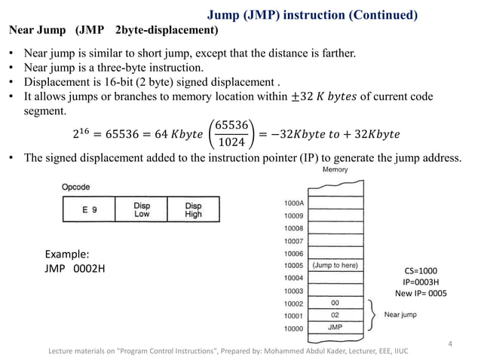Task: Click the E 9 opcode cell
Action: coord(89,209)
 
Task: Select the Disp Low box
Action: coord(141,209)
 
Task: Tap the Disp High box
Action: coord(192,209)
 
